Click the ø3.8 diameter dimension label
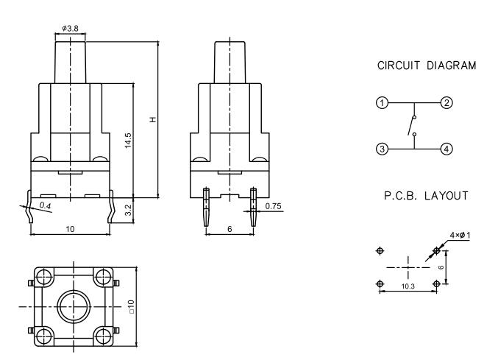pyautogui.click(x=70, y=28)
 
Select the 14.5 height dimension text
pyautogui.click(x=128, y=141)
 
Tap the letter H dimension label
pyautogui.click(x=153, y=119)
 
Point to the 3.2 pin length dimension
pyautogui.click(x=128, y=209)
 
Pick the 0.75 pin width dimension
pyautogui.click(x=273, y=205)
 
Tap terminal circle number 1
pyautogui.click(x=381, y=102)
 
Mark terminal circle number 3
pyautogui.click(x=381, y=149)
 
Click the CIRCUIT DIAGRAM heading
pyautogui.click(x=426, y=66)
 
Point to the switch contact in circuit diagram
pyautogui.click(x=412, y=126)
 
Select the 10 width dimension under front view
pyautogui.click(x=70, y=230)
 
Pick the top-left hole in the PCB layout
pyautogui.click(x=380, y=250)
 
